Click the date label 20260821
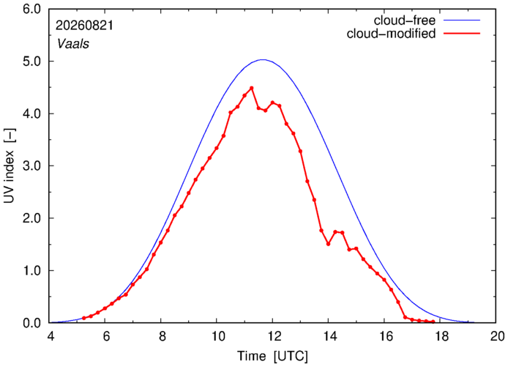tap(85, 26)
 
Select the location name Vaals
tap(73, 44)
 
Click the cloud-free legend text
tap(405, 21)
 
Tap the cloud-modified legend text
tap(391, 34)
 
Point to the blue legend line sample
tap(462, 20)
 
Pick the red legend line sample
tap(462, 33)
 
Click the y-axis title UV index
tap(10, 166)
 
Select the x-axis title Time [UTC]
tap(272, 356)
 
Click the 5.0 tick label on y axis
tap(31, 62)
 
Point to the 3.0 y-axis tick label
tap(31, 166)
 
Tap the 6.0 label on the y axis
tap(31, 9)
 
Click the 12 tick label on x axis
tap(272, 336)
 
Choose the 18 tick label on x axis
tap(440, 336)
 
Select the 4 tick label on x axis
tap(51, 336)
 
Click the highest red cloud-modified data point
tap(251, 88)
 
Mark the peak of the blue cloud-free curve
tap(263, 59)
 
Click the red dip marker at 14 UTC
tap(328, 244)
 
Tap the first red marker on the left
tap(84, 318)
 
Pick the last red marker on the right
tap(433, 322)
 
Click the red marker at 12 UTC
tap(272, 103)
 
